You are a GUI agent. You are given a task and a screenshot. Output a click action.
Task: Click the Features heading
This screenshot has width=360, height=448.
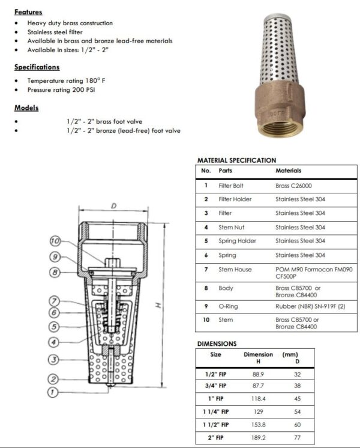point(28,11)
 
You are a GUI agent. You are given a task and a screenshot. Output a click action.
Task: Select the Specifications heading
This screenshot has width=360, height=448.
point(37,67)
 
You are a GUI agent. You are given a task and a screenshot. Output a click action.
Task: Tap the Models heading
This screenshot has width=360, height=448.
point(26,108)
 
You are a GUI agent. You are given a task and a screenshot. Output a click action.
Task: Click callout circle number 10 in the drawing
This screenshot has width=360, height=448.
point(56,241)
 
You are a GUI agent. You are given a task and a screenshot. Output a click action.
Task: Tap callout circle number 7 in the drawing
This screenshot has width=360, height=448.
point(54,301)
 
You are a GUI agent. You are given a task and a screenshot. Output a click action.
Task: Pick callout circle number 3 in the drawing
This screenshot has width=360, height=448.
point(54,360)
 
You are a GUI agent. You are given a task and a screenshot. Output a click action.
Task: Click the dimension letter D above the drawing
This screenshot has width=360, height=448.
point(113,206)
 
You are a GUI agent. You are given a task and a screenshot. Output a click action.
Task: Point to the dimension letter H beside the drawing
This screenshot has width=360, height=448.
point(158,305)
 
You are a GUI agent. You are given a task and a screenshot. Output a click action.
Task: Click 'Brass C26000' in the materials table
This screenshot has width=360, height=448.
point(294,186)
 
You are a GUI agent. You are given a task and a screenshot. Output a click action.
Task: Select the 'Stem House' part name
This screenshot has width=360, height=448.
point(235,270)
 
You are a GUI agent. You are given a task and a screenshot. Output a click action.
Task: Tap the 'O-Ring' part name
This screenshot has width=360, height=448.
point(229,306)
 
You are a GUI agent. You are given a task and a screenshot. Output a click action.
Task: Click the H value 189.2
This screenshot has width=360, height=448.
point(258,438)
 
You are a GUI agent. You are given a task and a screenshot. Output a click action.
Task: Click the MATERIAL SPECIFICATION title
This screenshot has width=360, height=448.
point(236,160)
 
